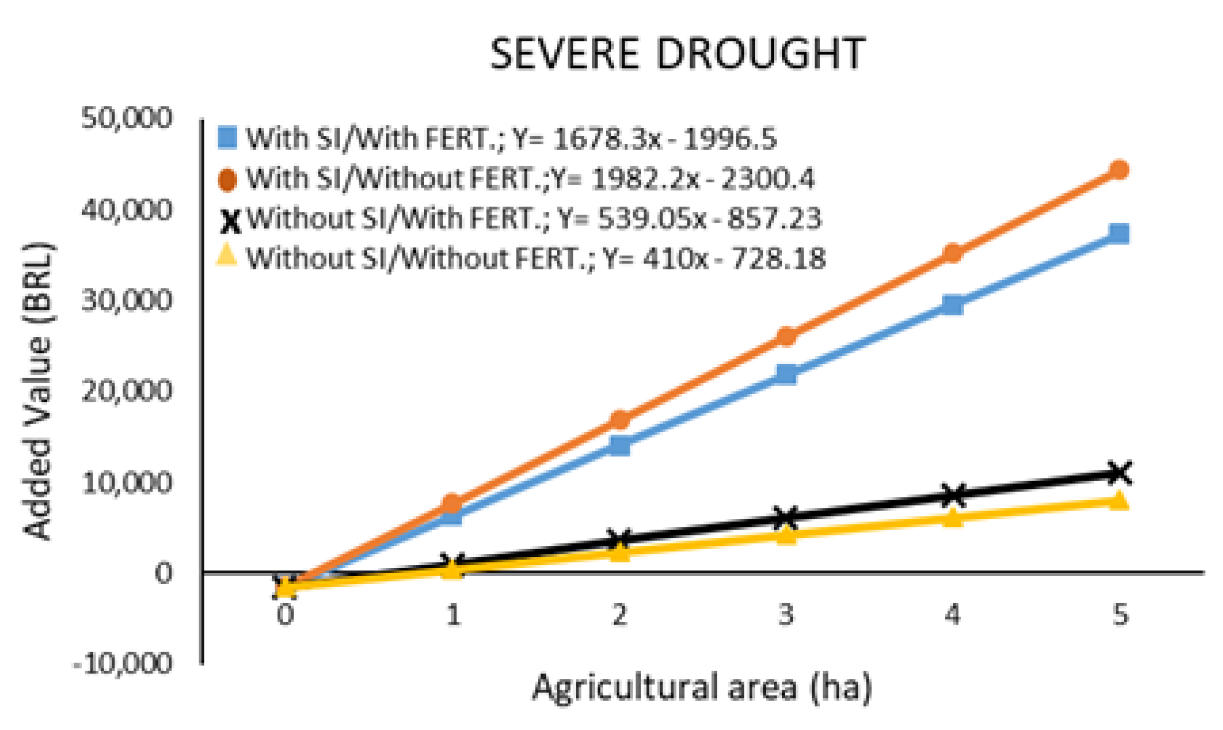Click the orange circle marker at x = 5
click(1119, 170)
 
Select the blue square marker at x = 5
click(1119, 234)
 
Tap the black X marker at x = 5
click(1119, 473)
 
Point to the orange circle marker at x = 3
click(785, 336)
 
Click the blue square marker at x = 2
click(619, 446)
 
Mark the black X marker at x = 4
click(952, 495)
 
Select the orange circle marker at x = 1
click(452, 504)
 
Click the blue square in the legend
click(227, 138)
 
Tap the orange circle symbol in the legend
click(227, 180)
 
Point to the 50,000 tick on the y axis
click(127, 118)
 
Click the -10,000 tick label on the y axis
click(122, 664)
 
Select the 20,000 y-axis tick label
click(127, 391)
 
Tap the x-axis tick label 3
click(785, 615)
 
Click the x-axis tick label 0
click(285, 615)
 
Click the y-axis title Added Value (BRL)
click(38, 391)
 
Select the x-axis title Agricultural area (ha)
click(702, 687)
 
